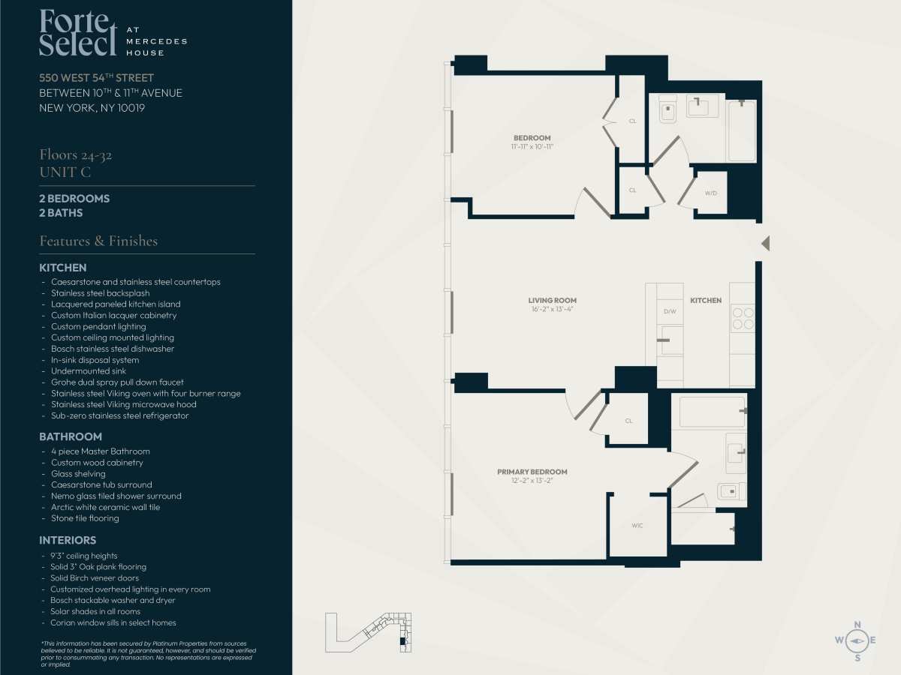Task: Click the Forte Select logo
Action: (113, 33)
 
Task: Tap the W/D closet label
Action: (710, 193)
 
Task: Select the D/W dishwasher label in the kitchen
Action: (670, 311)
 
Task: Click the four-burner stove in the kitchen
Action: (743, 319)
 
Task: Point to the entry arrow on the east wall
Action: (766, 244)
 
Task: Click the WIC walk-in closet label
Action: (637, 526)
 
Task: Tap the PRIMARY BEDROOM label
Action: (532, 472)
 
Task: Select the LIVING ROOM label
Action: (552, 301)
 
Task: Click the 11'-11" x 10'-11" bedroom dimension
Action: (532, 147)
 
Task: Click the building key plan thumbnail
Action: (368, 632)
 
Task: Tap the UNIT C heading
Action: (65, 172)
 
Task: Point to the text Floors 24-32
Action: (76, 155)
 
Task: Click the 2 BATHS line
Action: (61, 213)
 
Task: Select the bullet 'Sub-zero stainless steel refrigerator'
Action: (120, 415)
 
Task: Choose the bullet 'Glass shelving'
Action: (78, 474)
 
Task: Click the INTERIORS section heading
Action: (68, 540)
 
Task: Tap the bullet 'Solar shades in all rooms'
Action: (95, 611)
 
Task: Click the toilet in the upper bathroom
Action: (667, 109)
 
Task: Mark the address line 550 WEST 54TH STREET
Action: (96, 78)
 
